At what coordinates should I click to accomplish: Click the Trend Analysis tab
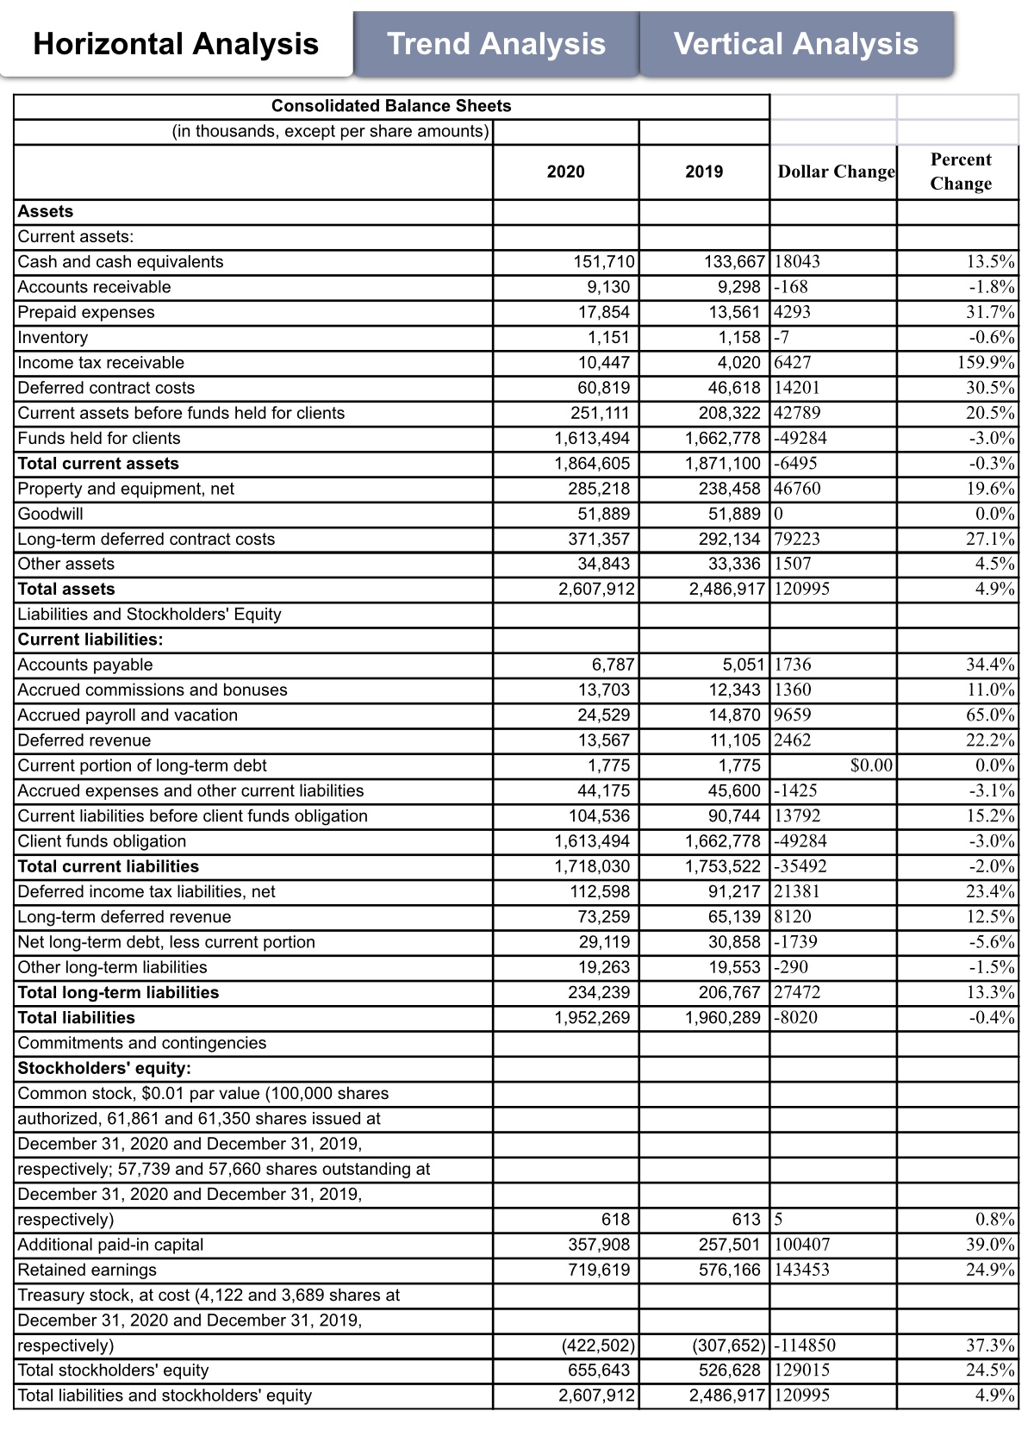[x=496, y=44]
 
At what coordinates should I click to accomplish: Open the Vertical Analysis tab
[x=796, y=44]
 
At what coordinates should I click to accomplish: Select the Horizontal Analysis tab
[x=176, y=44]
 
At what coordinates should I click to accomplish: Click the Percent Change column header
[x=960, y=172]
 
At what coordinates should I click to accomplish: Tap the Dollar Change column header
[x=835, y=172]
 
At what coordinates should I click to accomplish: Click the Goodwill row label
[x=51, y=514]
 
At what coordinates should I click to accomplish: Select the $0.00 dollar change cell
[x=871, y=765]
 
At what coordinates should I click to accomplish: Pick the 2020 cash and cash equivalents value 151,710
[x=604, y=262]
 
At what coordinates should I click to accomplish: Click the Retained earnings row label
[x=87, y=1270]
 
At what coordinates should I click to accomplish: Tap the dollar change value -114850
[x=805, y=1346]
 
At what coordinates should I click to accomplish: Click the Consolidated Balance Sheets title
[x=391, y=106]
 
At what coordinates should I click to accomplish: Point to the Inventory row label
[x=53, y=338]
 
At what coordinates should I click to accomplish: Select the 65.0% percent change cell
[x=990, y=715]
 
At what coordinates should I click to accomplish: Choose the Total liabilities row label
[x=77, y=1018]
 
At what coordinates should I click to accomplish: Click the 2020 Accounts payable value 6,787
[x=613, y=665]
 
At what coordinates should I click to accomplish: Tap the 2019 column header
[x=704, y=172]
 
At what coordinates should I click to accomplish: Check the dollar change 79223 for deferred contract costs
[x=798, y=540]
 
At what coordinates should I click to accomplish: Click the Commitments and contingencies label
[x=142, y=1043]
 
